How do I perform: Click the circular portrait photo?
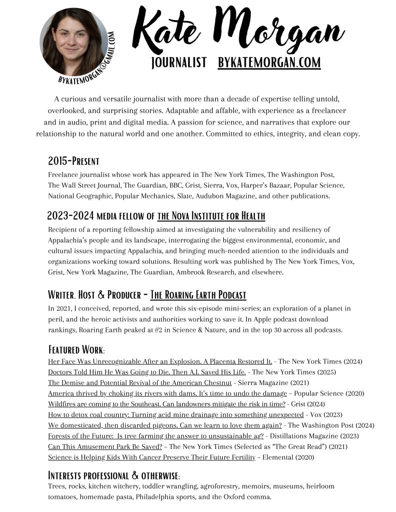(74, 41)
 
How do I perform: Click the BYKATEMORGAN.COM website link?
(269, 62)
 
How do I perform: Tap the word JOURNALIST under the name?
(179, 62)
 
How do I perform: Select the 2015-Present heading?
(74, 161)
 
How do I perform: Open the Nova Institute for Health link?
(211, 216)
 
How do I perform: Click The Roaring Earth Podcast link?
(205, 294)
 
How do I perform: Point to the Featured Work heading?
(76, 349)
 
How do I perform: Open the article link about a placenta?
(160, 361)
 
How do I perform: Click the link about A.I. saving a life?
(147, 372)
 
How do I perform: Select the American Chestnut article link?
(140, 382)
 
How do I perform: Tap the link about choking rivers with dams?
(167, 393)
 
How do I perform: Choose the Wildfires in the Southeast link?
(167, 404)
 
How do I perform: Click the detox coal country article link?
(176, 414)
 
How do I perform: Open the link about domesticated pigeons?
(165, 425)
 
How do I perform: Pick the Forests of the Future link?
(156, 436)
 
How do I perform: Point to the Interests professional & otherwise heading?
(114, 474)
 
